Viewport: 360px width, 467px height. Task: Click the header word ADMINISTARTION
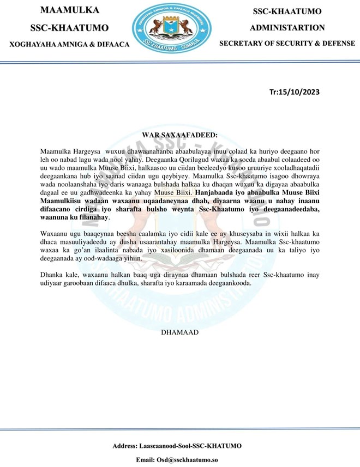(x=287, y=27)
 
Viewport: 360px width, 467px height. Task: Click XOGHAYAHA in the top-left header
(x=26, y=44)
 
